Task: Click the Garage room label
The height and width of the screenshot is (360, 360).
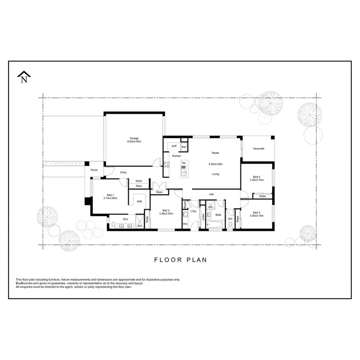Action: coord(133,138)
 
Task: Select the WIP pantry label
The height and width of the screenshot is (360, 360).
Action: coord(174,146)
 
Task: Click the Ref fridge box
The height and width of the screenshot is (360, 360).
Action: coord(183,146)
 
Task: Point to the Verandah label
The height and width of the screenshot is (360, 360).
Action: coord(258,149)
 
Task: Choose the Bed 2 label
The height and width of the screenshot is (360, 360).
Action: coord(166,210)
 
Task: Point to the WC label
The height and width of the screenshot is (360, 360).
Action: coord(230,219)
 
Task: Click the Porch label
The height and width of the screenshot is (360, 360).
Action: coord(94,169)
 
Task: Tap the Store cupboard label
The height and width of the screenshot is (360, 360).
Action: coord(159,192)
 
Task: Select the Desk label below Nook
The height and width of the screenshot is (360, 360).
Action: coord(139,186)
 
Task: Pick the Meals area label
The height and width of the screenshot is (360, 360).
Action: coord(216,153)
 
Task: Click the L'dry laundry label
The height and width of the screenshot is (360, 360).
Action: coord(193,211)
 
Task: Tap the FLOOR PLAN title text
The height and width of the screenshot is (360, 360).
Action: coord(180,260)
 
